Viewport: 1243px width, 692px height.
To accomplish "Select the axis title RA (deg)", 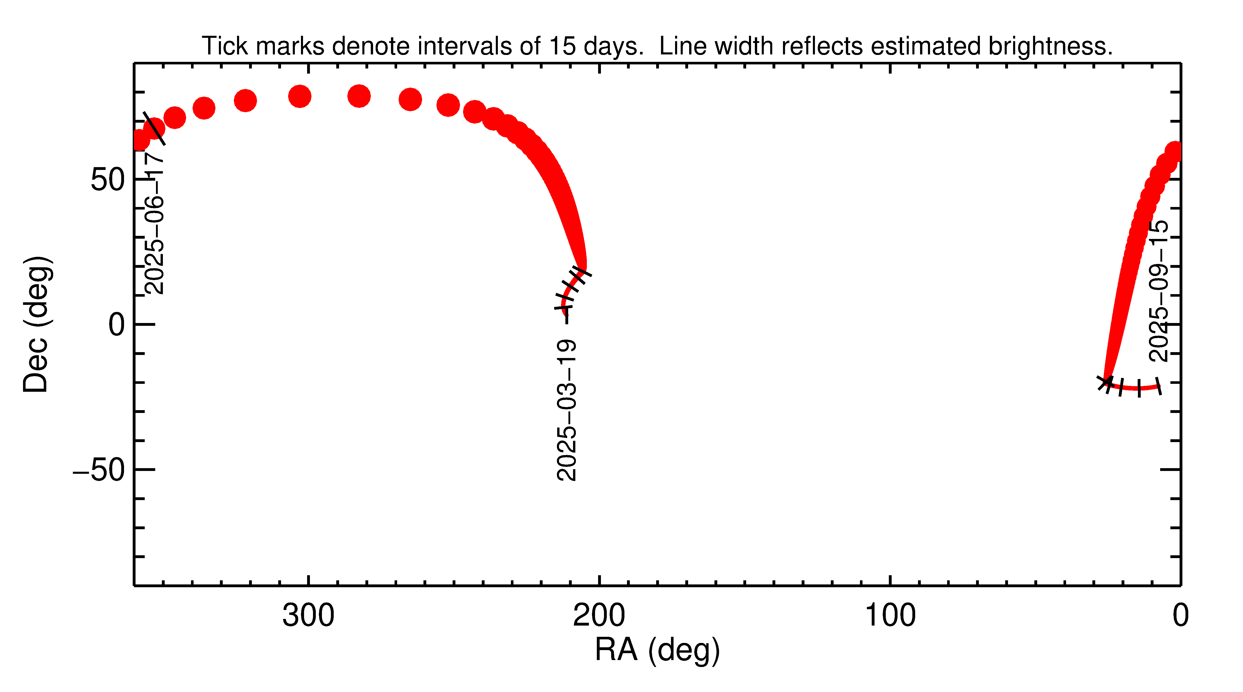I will [x=657, y=650].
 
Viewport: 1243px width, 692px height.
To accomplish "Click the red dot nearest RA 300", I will [x=300, y=96].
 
